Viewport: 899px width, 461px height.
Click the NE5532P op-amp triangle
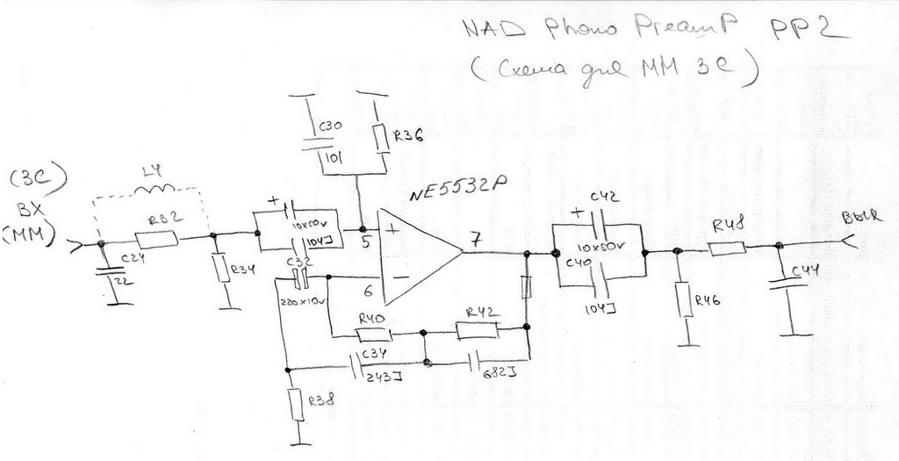[416, 252]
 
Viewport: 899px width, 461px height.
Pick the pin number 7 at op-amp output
[475, 238]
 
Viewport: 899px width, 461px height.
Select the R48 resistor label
[728, 227]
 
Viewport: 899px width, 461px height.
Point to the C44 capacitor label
[808, 270]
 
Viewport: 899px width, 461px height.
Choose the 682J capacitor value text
[494, 373]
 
